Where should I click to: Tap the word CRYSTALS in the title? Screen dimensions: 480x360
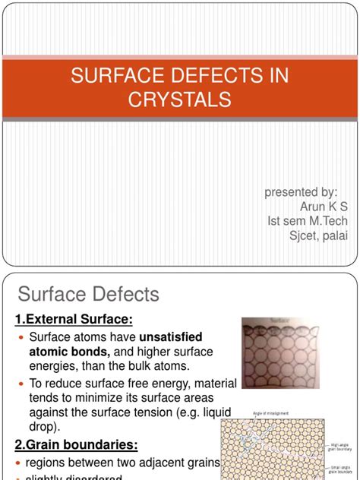click(x=180, y=100)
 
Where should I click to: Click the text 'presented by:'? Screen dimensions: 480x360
click(x=301, y=192)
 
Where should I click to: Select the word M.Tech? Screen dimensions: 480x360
click(x=329, y=221)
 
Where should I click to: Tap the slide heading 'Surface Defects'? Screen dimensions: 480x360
click(x=89, y=294)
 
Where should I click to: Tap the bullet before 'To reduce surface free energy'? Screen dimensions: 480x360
click(x=21, y=384)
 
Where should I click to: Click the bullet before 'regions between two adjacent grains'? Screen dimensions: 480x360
click(x=21, y=463)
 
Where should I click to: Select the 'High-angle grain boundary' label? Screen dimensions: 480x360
click(x=339, y=447)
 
